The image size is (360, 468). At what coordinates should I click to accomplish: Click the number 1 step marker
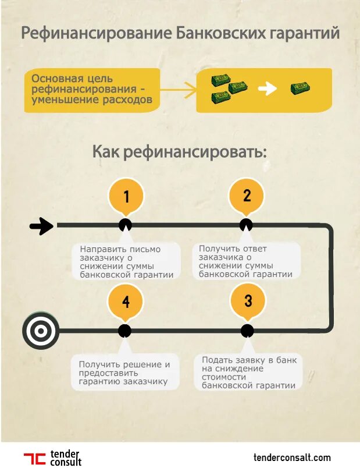click(x=126, y=196)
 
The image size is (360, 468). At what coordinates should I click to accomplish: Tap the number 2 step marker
click(x=247, y=196)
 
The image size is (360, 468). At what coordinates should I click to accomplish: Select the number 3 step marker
click(x=248, y=301)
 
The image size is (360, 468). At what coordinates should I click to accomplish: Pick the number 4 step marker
click(x=126, y=302)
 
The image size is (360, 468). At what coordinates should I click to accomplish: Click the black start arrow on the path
click(x=41, y=226)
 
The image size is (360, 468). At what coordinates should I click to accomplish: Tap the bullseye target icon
click(x=40, y=331)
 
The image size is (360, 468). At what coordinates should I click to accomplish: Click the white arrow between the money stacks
click(x=267, y=89)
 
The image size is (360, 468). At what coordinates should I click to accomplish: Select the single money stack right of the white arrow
click(x=300, y=88)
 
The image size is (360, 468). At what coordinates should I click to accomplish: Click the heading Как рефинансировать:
click(x=180, y=153)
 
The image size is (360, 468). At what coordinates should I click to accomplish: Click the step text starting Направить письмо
click(x=126, y=262)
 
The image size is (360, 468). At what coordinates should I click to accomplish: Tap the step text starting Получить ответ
click(x=245, y=261)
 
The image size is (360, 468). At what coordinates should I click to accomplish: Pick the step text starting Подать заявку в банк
click(x=249, y=373)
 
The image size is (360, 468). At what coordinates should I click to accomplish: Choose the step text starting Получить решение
click(x=124, y=373)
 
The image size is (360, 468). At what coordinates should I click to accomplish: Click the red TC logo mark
click(x=34, y=458)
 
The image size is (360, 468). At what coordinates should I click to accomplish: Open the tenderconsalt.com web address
click(x=293, y=458)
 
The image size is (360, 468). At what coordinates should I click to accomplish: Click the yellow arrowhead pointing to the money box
click(x=189, y=90)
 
